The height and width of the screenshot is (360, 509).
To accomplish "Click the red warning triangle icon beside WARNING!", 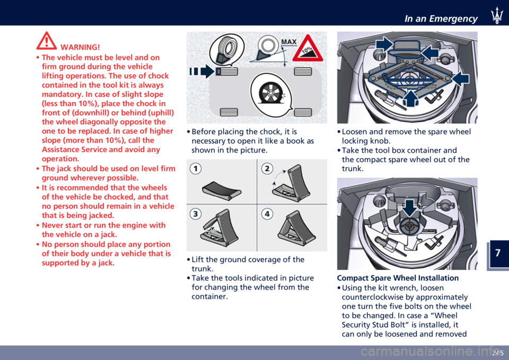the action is (x=47, y=41).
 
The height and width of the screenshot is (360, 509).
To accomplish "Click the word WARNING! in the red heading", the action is (x=80, y=47).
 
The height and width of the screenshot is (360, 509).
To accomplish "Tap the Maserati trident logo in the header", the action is (x=497, y=15).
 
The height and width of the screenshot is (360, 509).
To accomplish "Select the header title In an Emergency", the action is (x=441, y=19).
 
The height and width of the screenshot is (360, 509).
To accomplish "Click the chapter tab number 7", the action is (x=498, y=253).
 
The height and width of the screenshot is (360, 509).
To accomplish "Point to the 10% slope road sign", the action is (x=308, y=48).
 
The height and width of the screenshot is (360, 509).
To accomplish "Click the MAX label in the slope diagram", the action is (x=288, y=42).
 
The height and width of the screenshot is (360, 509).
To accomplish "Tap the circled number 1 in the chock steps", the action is (x=196, y=169).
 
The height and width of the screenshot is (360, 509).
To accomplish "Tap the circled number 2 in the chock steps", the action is (x=267, y=169).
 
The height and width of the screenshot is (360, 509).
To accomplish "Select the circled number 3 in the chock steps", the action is (x=196, y=214).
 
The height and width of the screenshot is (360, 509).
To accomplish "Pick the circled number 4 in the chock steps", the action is (x=267, y=214).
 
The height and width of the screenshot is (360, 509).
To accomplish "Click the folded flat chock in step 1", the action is (x=222, y=190).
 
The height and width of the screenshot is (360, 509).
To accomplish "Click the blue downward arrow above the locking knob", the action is (x=410, y=208).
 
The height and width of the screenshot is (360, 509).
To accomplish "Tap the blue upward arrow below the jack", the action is (x=410, y=99).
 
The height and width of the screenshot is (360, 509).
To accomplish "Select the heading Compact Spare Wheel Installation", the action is (x=398, y=278).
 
